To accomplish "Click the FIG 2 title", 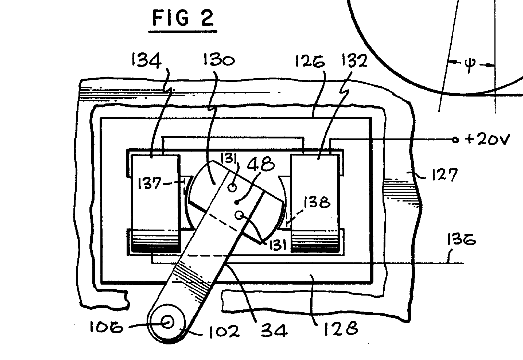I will [183, 18].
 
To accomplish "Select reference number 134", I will [146, 61].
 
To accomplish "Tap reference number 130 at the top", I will [219, 60].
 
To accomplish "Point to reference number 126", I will [310, 61].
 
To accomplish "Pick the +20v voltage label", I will [487, 139].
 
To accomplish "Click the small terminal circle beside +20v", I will [455, 140].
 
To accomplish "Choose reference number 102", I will [224, 331].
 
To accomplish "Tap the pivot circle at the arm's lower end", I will [168, 322].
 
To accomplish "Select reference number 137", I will [149, 184].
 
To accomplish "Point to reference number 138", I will [317, 202].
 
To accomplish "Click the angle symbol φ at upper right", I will [470, 65].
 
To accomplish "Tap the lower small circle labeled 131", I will [240, 215].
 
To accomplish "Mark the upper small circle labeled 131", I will [232, 187].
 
